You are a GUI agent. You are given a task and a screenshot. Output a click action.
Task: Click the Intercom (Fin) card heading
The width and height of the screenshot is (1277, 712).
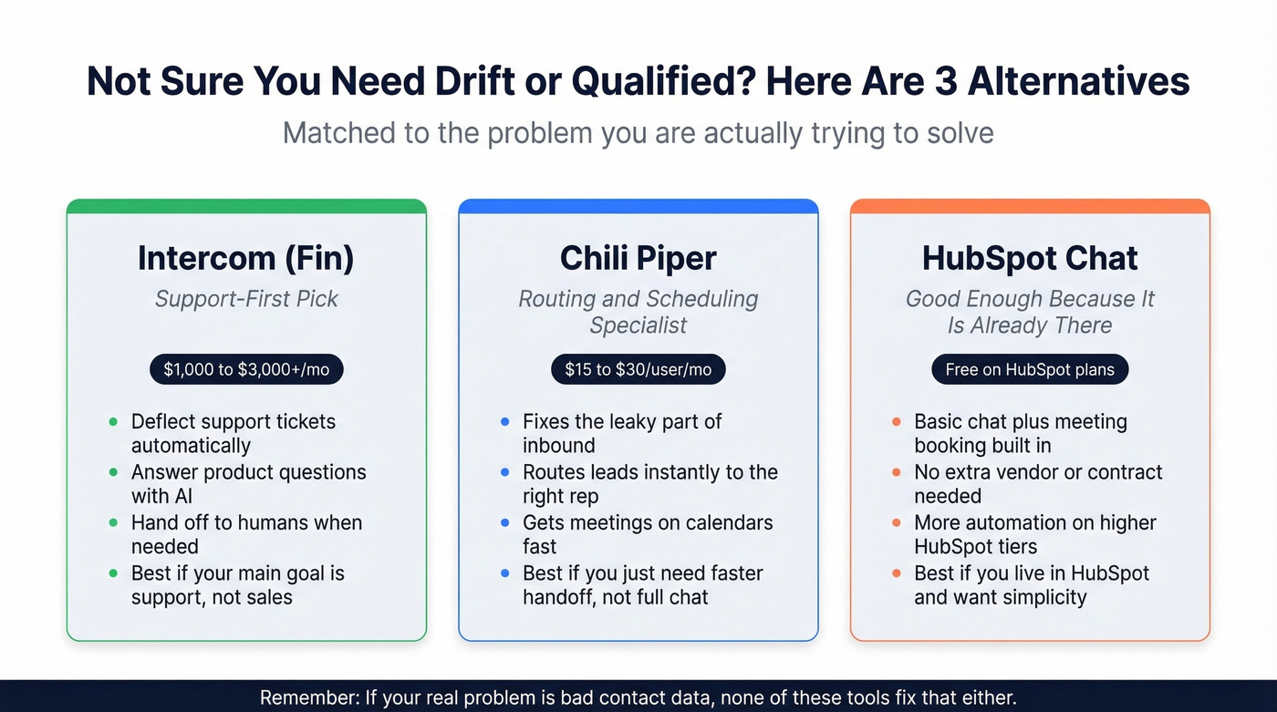coord(245,258)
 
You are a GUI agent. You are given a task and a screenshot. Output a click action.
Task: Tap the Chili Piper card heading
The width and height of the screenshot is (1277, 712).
coord(638,258)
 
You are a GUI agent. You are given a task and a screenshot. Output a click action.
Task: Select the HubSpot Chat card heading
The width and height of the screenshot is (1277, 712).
coord(1030,258)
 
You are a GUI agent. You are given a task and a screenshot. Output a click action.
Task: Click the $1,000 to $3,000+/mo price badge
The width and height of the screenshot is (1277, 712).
coord(246,369)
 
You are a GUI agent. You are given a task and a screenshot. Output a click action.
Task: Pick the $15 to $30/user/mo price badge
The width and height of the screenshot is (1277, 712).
coord(638,369)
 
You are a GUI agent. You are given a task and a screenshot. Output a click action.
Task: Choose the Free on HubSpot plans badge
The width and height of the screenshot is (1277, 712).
coord(1030,369)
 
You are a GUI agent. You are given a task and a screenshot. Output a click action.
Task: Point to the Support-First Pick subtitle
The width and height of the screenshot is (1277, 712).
coord(246,299)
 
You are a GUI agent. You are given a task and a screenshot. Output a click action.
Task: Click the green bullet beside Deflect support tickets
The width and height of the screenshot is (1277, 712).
coord(113,422)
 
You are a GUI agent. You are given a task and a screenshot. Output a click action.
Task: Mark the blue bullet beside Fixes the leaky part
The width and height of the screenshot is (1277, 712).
coord(504,422)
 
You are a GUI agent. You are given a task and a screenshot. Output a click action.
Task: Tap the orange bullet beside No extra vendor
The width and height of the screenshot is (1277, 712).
coord(897,473)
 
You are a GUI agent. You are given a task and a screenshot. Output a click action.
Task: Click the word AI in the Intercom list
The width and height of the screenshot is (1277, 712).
coord(182,496)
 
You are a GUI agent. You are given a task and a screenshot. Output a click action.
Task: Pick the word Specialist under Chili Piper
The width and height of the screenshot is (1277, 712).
coord(638,325)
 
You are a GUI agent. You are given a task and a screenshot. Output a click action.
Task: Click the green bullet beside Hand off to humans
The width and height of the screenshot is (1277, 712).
coord(113,523)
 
